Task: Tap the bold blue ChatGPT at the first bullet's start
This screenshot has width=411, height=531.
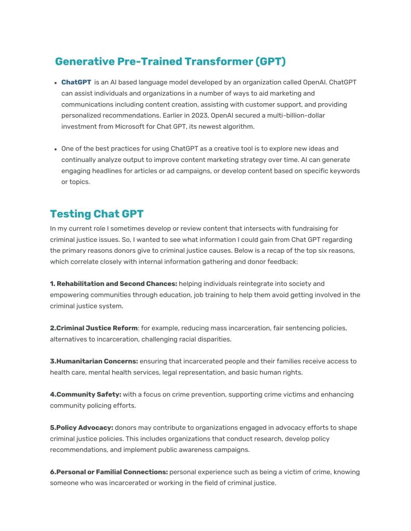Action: click(x=76, y=83)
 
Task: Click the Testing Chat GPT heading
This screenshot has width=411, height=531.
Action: click(x=97, y=214)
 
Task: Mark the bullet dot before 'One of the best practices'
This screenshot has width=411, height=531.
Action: click(x=55, y=149)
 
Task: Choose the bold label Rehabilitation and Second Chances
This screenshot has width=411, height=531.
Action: click(x=117, y=284)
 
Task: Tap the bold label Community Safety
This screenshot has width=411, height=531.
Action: click(x=89, y=394)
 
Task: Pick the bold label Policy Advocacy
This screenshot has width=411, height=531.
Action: click(x=84, y=428)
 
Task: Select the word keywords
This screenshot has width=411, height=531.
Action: click(x=344, y=171)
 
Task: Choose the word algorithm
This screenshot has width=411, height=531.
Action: click(x=237, y=127)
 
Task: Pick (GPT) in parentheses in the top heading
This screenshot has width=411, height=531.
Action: click(x=270, y=62)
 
